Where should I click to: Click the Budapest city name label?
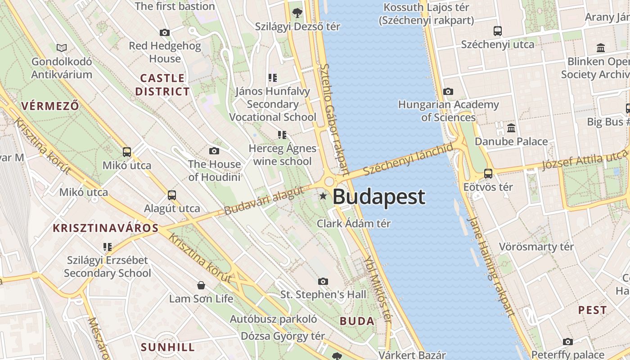tap(378, 197)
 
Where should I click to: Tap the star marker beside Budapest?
tap(323, 196)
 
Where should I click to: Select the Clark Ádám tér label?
tap(354, 223)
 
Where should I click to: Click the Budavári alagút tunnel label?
tap(264, 201)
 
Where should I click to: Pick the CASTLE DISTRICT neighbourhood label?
tap(162, 85)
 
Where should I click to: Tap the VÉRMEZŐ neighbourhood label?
tap(50, 106)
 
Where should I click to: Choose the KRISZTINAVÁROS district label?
tap(106, 228)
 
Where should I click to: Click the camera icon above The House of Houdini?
tap(214, 151)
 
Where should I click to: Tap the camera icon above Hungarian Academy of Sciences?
tap(448, 92)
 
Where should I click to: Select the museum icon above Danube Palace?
tap(511, 128)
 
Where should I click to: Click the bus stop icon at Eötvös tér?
tap(488, 173)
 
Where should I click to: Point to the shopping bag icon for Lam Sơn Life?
tap(201, 285)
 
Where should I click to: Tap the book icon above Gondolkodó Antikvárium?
tap(62, 48)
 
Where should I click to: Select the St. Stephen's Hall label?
tap(323, 295)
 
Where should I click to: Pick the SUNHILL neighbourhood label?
tap(168, 347)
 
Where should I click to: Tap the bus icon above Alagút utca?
tap(172, 195)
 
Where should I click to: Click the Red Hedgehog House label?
tap(165, 52)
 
